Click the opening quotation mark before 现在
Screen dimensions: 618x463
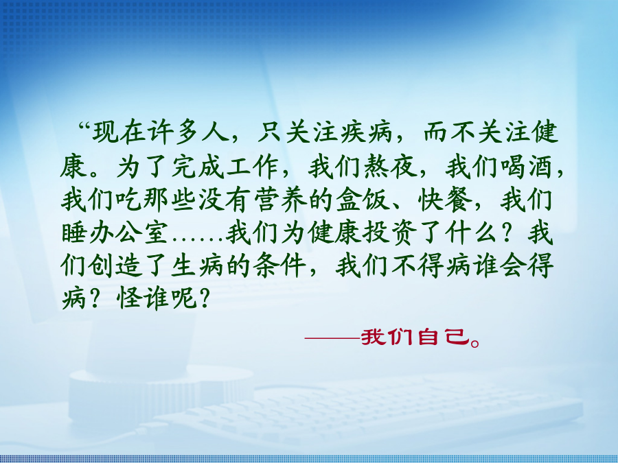[x=84, y=127]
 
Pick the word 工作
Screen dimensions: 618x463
[x=252, y=167]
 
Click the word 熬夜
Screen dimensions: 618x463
[x=390, y=167]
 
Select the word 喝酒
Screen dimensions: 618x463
[x=527, y=167]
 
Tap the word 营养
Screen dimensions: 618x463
[x=280, y=200]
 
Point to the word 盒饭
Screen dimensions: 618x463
[x=362, y=200]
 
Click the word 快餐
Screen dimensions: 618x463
[x=445, y=200]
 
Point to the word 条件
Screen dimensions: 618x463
[x=280, y=266]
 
